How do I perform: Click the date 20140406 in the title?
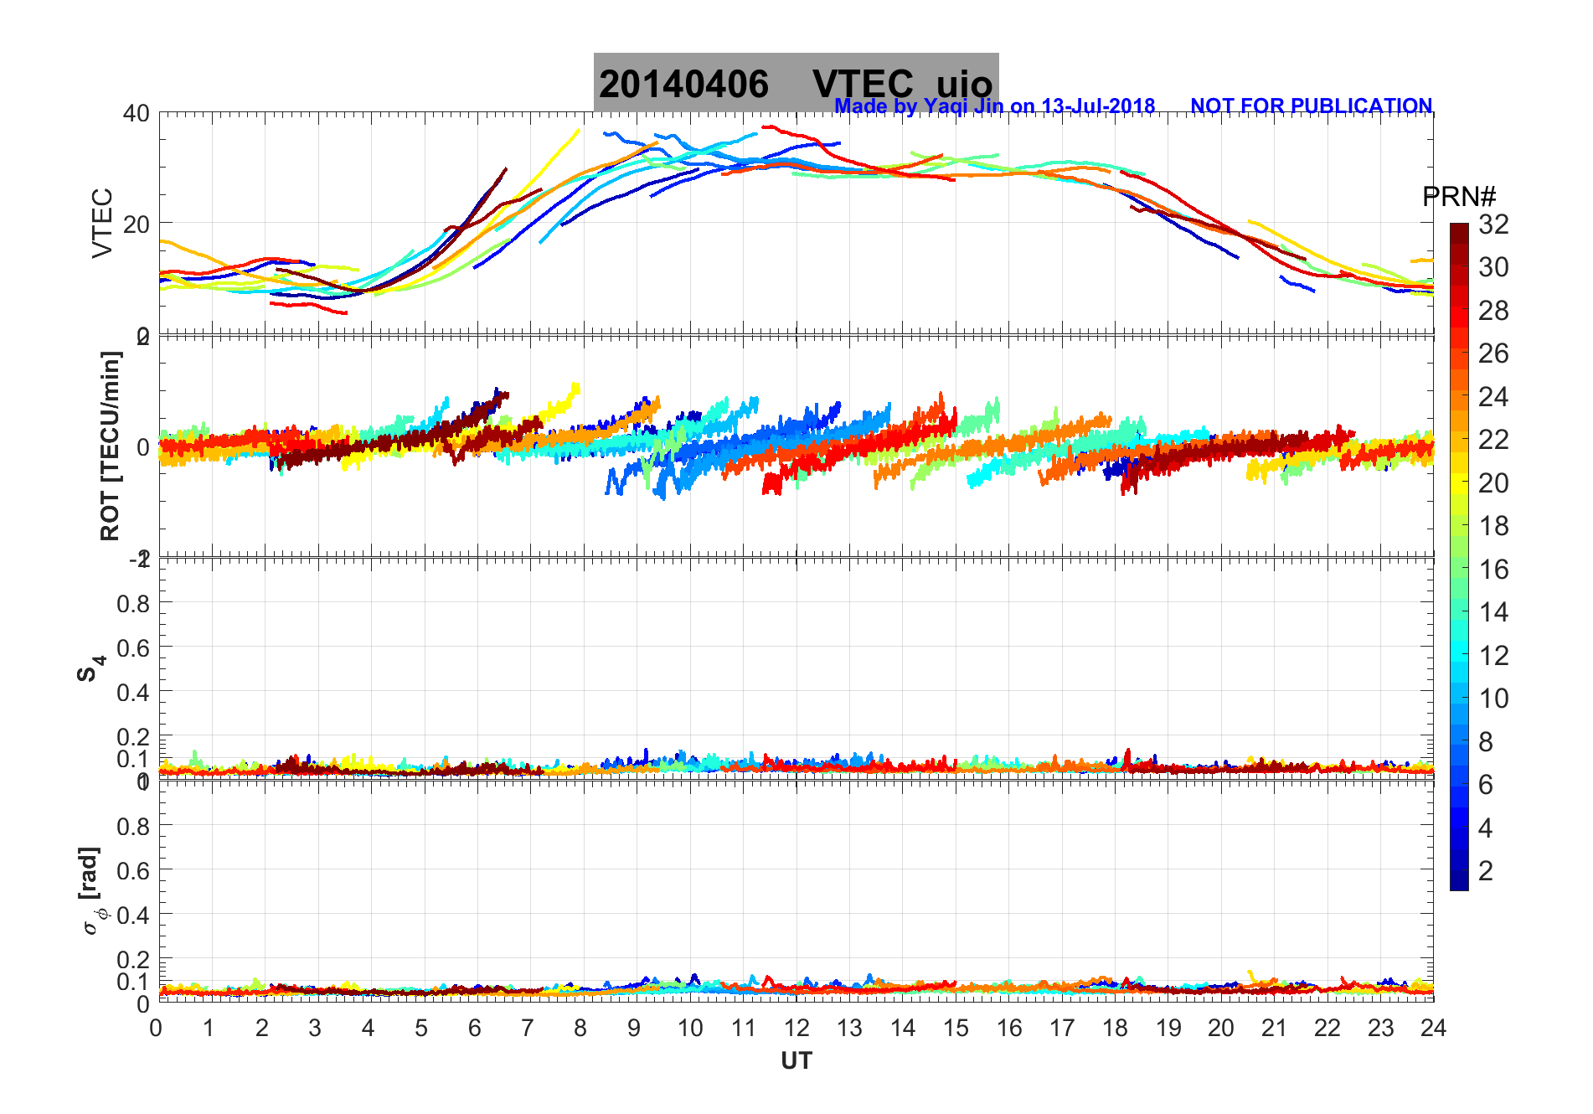[x=683, y=85]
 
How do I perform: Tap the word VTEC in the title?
[x=863, y=85]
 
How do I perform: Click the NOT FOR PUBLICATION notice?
[x=1311, y=106]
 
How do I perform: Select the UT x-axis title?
[x=796, y=1061]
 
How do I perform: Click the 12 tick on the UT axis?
[x=796, y=1028]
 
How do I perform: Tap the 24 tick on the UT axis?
[x=1433, y=1028]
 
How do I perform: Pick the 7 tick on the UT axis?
[x=527, y=1028]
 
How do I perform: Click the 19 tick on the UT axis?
[x=1168, y=1028]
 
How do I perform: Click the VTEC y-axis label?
[x=102, y=223]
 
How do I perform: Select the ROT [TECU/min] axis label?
[x=110, y=446]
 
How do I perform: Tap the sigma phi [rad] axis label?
[x=92, y=890]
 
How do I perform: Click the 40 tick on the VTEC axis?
[x=137, y=113]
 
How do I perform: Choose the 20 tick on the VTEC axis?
[x=137, y=224]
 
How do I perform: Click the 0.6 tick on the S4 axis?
[x=133, y=647]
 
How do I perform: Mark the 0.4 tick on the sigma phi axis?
[x=133, y=915]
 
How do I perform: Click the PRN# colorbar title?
[x=1459, y=197]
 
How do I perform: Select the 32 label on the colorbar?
[x=1493, y=224]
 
